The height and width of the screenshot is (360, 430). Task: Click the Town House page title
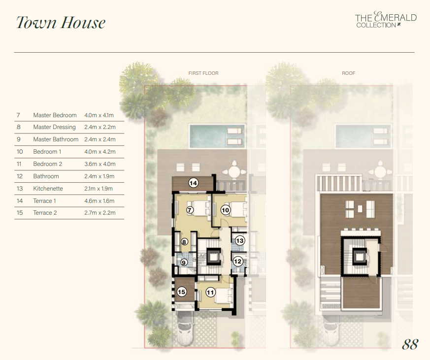(x=61, y=23)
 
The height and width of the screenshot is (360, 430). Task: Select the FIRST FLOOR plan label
(x=203, y=73)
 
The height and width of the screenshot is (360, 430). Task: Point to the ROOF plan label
(x=348, y=73)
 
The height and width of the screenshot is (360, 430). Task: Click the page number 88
(x=410, y=344)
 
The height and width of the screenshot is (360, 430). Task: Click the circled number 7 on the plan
(x=190, y=210)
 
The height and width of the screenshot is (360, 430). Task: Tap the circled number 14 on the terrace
(x=194, y=183)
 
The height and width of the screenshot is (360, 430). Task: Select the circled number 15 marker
(x=182, y=292)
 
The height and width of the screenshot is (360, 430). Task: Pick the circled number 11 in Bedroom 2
(x=210, y=293)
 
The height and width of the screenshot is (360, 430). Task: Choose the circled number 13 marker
(x=240, y=240)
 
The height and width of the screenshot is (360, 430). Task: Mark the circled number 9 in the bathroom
(x=184, y=262)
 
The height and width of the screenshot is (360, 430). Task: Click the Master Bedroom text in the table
(x=55, y=115)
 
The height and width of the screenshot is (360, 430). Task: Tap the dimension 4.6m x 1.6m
(x=99, y=201)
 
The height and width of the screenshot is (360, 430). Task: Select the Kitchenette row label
(x=48, y=188)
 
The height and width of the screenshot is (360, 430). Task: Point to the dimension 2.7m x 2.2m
(x=100, y=212)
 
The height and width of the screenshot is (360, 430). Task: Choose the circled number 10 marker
(x=226, y=210)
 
